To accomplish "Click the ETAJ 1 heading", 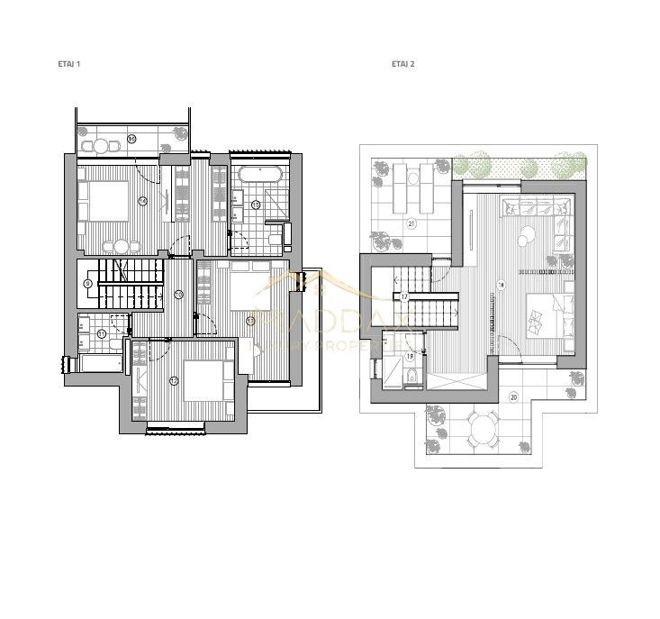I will tap(68, 65).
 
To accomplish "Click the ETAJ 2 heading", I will tap(402, 65).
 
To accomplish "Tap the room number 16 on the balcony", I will tap(131, 139).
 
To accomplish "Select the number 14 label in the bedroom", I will tap(143, 201).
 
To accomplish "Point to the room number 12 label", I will tap(174, 380).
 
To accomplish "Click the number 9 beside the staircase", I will tap(87, 283).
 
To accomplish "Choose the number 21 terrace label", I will tap(411, 223).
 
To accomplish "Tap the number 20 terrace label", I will tap(513, 396).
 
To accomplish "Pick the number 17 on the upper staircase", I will tap(405, 296).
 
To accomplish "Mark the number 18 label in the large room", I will tap(501, 285).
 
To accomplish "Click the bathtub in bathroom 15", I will tap(260, 174).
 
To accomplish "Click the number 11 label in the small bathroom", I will tap(102, 333).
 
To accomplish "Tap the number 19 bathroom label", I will tap(410, 357).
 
